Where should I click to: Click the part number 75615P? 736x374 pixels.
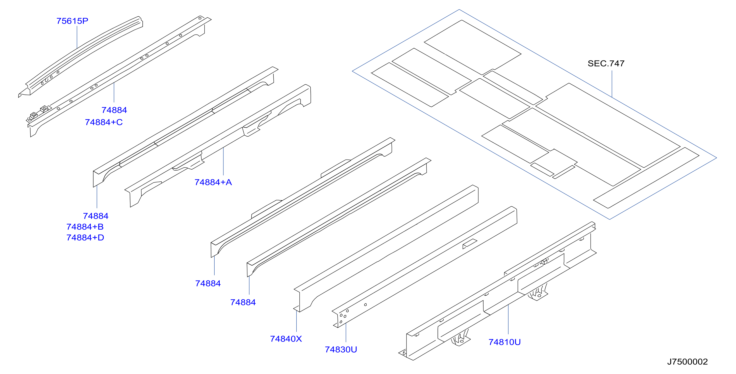(72, 21)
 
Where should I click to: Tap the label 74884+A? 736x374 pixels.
(213, 182)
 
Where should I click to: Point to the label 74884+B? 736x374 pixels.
(85, 227)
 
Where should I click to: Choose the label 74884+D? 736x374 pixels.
(85, 238)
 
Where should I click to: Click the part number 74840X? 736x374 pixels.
(286, 339)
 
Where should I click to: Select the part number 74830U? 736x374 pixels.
(341, 350)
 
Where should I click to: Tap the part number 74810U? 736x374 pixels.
(504, 342)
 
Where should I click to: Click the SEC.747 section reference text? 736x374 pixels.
(606, 64)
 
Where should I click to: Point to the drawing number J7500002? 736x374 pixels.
(688, 362)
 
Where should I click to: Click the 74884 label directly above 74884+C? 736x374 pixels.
(114, 110)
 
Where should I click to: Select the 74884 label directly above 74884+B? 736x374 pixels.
(96, 216)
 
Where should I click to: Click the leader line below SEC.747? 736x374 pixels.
(612, 84)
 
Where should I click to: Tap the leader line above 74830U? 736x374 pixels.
(346, 333)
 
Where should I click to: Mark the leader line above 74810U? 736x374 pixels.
(508, 319)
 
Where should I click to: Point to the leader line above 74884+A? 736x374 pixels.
(223, 161)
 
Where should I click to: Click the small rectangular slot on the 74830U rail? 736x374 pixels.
(470, 244)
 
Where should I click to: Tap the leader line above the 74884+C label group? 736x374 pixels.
(114, 92)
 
